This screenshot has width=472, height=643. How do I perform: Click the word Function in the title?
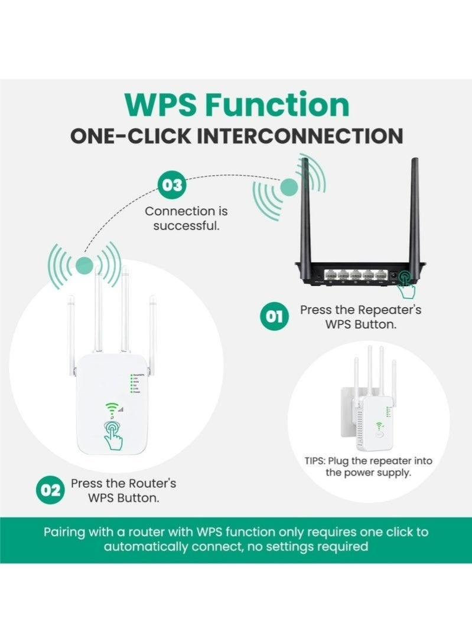point(277,105)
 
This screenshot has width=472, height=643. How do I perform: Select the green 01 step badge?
point(275,317)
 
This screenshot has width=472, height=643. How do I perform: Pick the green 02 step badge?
point(51,490)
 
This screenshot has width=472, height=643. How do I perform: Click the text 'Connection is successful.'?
point(186,218)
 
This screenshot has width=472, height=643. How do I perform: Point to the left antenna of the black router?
point(307,206)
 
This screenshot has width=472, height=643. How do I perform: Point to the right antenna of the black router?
point(414,206)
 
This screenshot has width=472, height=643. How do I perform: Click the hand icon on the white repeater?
point(112,435)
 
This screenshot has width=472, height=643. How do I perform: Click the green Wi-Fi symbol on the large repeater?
point(110,408)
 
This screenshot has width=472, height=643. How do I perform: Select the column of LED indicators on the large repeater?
point(131,386)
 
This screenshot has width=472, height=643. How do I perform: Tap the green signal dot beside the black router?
point(289,188)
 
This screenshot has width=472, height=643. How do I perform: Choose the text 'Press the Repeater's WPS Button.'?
point(360,317)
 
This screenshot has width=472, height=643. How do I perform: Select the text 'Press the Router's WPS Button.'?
point(123,490)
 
